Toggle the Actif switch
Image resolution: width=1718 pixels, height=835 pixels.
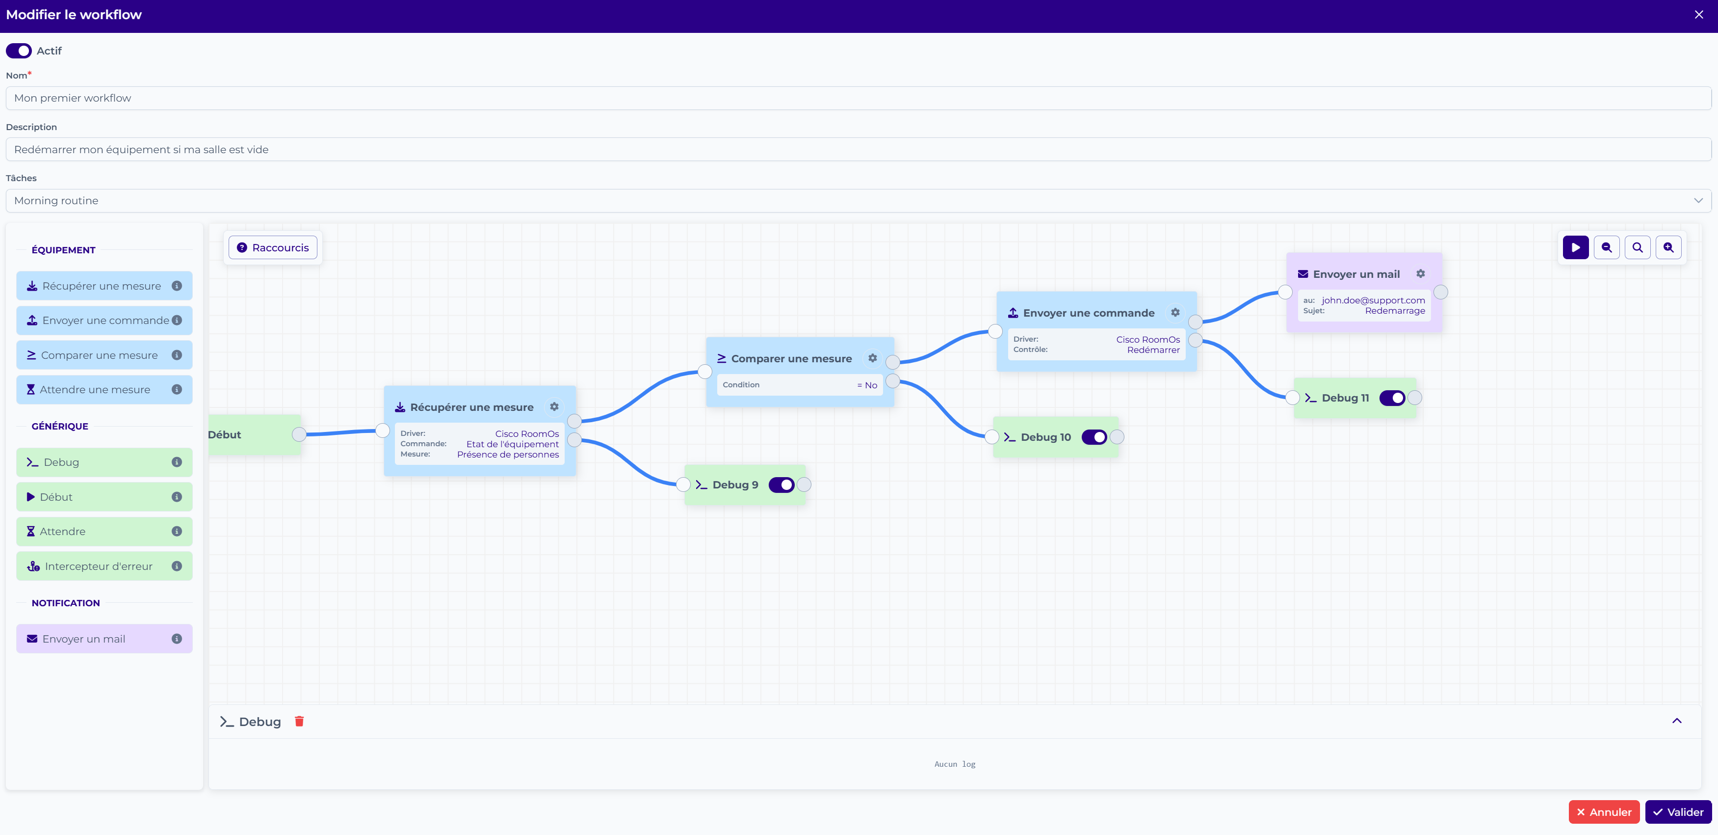coord(19,51)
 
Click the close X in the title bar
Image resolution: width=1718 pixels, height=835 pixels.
coord(1699,15)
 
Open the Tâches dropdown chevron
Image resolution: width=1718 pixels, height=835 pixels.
coord(1698,201)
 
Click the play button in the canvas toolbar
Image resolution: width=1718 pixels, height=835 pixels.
coord(1575,247)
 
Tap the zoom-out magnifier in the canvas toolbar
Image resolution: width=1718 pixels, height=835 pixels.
coord(1607,247)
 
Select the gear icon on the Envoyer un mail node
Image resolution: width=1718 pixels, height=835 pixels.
coord(1421,273)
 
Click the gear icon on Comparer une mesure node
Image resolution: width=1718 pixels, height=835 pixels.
coord(872,358)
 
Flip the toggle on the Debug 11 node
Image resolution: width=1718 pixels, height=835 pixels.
coord(1392,398)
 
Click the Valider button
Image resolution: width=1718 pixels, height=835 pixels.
coord(1678,812)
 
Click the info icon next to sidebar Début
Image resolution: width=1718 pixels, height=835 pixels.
coord(177,497)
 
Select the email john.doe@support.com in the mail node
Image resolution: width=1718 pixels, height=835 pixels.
coord(1373,300)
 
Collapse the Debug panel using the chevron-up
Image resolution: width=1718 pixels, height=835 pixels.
coord(1677,721)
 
